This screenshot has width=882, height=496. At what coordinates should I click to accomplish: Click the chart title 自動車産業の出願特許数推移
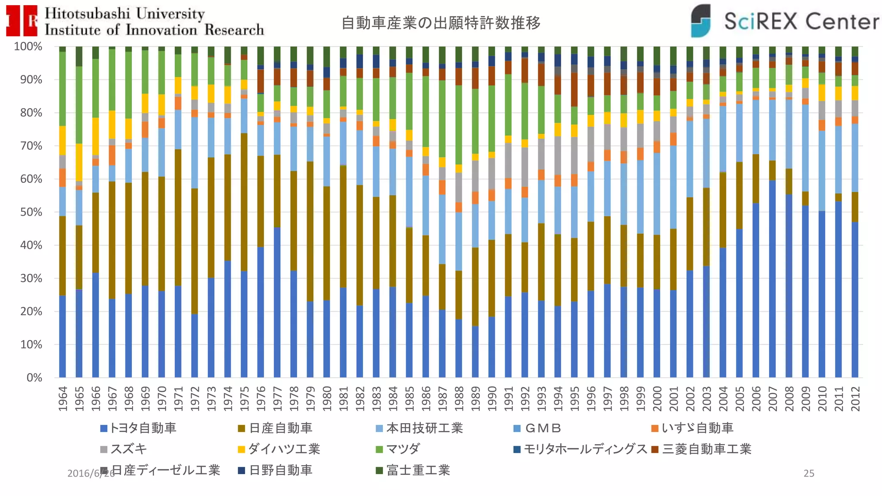coord(441,23)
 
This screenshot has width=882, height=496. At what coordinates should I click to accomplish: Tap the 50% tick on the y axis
coord(31,212)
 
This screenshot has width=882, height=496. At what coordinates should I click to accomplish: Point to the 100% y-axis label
coord(28,46)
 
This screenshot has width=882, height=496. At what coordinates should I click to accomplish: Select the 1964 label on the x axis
coord(63,399)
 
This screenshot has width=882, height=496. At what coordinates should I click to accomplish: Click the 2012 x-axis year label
coord(855,399)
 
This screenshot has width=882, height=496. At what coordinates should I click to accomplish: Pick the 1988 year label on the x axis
coord(459,399)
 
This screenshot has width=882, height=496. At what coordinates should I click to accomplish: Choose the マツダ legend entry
coord(402,449)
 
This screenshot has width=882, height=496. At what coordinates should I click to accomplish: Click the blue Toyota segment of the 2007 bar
coord(773,280)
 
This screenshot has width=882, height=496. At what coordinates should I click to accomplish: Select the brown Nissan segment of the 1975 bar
coord(244,202)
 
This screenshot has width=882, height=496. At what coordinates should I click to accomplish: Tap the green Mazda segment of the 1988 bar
coord(459,125)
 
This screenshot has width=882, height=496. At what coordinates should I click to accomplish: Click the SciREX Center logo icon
coord(701,21)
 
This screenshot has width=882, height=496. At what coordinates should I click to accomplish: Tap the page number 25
coord(809,473)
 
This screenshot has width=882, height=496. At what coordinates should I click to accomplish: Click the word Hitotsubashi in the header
coord(87,13)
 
